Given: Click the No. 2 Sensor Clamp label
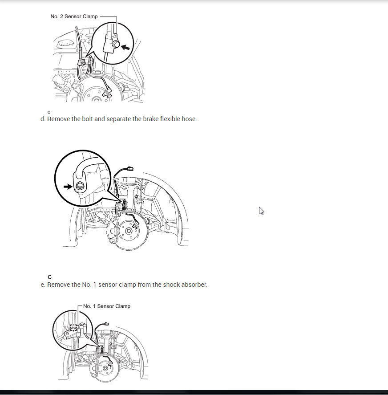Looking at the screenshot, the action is tap(74, 16).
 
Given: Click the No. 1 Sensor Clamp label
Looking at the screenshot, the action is tap(107, 306).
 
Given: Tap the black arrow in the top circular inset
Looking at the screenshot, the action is tap(125, 47).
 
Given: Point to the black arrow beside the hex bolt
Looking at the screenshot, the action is tap(68, 187).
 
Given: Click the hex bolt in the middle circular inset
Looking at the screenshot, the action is tap(80, 186).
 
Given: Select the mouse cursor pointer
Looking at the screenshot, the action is tap(261, 211).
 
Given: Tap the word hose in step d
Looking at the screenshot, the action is tap(189, 119).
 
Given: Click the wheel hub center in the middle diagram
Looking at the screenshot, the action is tap(129, 231).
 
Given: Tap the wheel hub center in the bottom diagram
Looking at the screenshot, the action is tap(105, 369).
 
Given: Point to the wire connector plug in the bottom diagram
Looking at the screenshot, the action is tap(106, 324).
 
